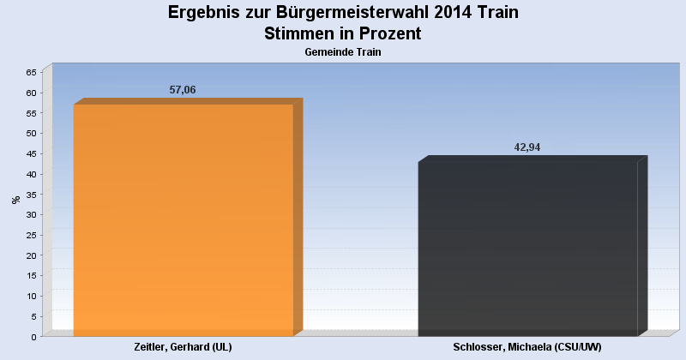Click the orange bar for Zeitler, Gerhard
[184, 219]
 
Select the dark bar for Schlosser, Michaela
[527, 249]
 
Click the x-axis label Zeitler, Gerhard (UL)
[184, 346]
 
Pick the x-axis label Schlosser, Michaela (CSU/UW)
[527, 346]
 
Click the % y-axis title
[15, 200]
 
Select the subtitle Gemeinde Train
[343, 52]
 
